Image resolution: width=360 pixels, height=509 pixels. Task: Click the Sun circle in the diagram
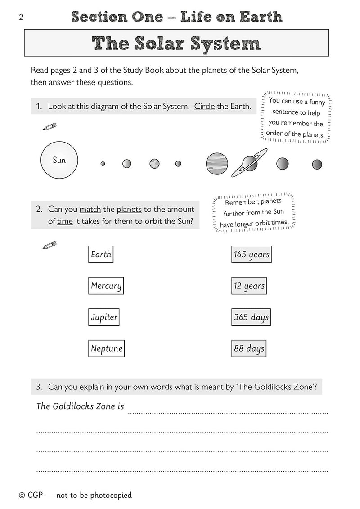click(59, 160)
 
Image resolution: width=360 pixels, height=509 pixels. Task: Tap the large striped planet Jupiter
click(217, 163)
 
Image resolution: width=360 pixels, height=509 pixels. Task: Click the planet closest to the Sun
click(103, 164)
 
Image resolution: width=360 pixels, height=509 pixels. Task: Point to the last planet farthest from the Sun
click(317, 164)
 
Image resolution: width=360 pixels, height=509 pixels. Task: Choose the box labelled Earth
click(100, 254)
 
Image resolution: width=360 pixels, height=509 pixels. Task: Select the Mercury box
click(106, 286)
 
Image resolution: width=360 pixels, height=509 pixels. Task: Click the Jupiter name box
click(104, 317)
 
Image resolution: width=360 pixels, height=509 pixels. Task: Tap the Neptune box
click(107, 348)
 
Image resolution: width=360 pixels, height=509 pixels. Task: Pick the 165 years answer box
click(251, 254)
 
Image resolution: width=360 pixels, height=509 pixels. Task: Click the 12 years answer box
click(249, 286)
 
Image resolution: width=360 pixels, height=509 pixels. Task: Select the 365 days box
click(251, 317)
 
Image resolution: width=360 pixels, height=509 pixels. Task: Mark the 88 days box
click(249, 348)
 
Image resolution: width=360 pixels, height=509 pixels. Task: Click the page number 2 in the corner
click(21, 18)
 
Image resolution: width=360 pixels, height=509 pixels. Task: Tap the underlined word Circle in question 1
click(204, 107)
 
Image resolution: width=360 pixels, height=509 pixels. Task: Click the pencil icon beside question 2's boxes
click(49, 246)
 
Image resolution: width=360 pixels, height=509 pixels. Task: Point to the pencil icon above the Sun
click(49, 127)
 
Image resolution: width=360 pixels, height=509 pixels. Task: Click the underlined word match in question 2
click(90, 209)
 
